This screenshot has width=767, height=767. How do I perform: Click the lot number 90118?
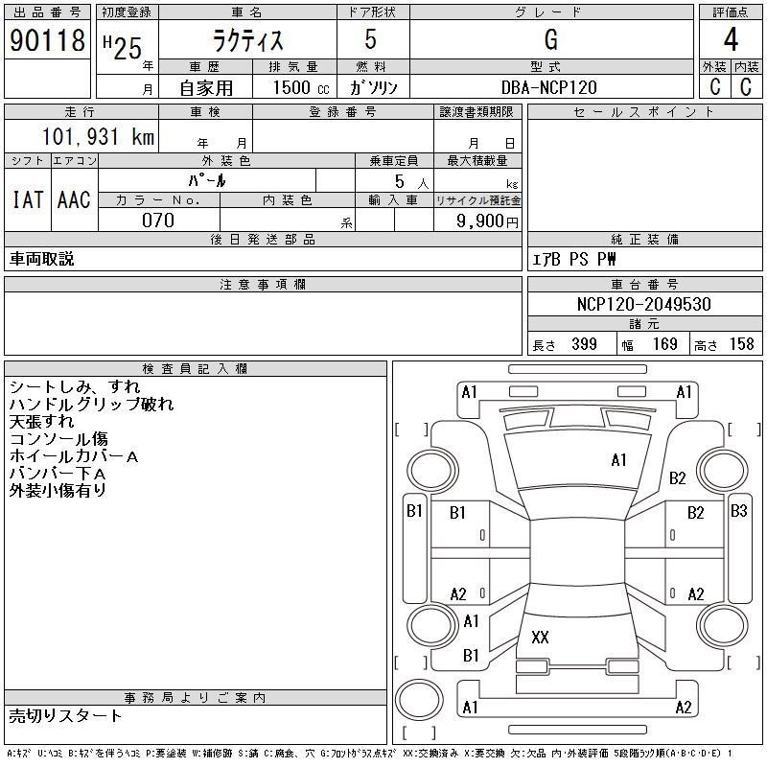point(47,40)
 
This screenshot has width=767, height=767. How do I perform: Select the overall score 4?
point(731,39)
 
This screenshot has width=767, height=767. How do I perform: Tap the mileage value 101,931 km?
point(98,136)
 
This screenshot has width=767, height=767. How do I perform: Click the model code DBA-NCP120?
point(548,87)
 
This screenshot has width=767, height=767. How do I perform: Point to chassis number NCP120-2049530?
point(643,304)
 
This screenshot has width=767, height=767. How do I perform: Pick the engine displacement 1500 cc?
point(301,87)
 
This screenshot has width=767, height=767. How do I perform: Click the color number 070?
point(158,221)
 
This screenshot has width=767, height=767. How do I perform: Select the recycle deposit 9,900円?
point(487,221)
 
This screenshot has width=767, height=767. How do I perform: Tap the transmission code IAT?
point(28,199)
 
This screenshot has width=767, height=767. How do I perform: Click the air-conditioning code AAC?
point(74,199)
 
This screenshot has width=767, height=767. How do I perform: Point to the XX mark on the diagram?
point(540,637)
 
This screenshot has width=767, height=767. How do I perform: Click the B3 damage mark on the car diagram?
point(738,511)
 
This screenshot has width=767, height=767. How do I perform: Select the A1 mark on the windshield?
point(618,460)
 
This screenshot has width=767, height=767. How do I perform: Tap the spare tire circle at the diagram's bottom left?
point(419,700)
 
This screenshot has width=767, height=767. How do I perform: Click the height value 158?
point(741,344)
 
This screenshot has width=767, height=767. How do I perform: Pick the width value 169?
point(664,344)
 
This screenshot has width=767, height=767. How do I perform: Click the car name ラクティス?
point(248,40)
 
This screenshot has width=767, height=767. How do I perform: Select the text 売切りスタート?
point(65,716)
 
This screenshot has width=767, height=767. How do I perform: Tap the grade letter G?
point(550,39)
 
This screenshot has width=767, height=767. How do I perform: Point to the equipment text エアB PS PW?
point(573,259)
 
